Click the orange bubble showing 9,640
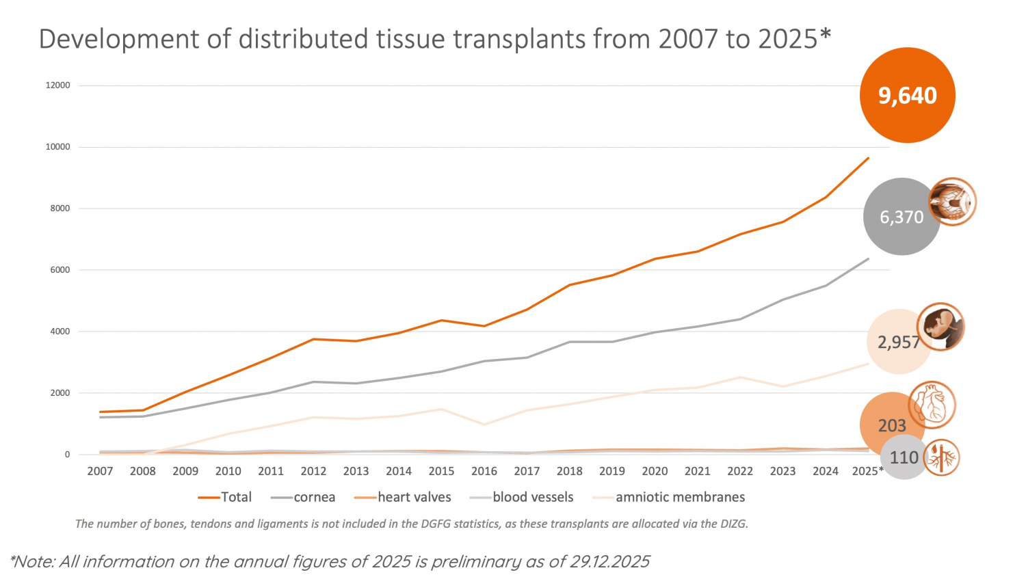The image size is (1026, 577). (x=907, y=95)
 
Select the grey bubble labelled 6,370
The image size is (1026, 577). (x=902, y=217)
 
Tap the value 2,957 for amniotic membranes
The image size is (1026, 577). (x=898, y=342)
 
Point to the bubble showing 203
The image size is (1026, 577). (x=891, y=425)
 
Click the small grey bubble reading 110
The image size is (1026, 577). (x=904, y=457)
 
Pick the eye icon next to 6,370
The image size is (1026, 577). (x=952, y=202)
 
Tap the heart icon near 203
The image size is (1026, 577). (x=932, y=405)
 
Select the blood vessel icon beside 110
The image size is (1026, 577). (x=941, y=457)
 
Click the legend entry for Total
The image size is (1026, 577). (x=225, y=497)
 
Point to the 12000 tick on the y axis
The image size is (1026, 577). (x=58, y=85)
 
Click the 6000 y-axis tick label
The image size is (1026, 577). (x=60, y=270)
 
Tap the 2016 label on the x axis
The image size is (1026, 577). (x=484, y=471)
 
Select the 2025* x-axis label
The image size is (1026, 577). (x=867, y=471)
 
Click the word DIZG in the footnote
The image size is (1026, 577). (x=733, y=524)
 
